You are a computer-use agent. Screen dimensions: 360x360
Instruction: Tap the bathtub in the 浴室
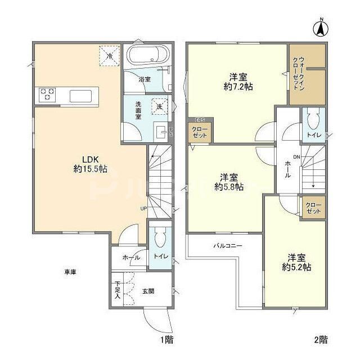click(146, 56)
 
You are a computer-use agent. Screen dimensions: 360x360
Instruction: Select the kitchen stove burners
click(47, 94)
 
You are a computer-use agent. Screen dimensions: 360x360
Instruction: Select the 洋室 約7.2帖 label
click(236, 82)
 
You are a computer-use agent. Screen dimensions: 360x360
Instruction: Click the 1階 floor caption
click(165, 340)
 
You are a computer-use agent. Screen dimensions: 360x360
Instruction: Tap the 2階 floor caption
click(320, 340)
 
